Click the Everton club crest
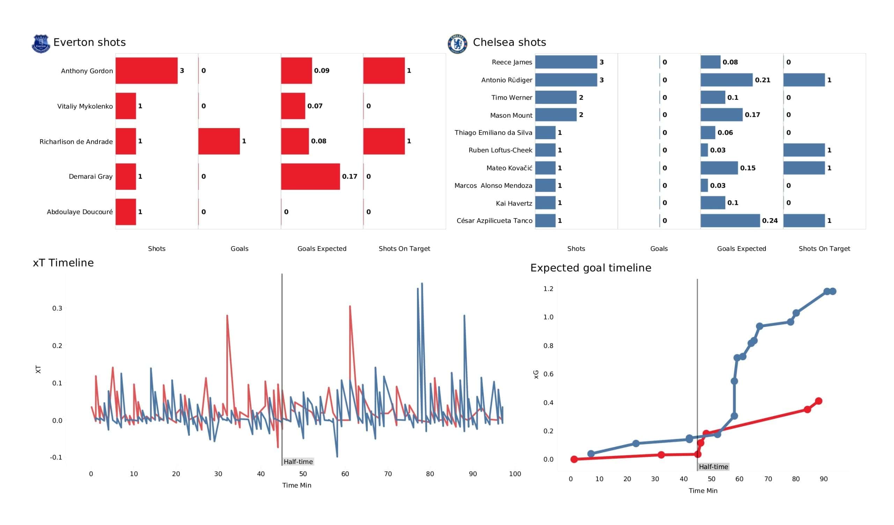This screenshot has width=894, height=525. coord(41,44)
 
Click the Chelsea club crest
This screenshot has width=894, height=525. coord(457,44)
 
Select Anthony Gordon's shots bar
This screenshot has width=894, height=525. coord(147,71)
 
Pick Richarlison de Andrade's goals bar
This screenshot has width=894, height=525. coord(219,141)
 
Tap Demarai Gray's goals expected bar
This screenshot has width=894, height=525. coord(310,176)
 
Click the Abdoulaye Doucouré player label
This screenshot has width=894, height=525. coord(80,212)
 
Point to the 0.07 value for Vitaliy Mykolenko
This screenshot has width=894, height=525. coord(315,106)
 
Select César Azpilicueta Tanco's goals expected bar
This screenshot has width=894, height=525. coord(730,221)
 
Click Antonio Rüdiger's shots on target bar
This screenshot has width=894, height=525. coord(804,80)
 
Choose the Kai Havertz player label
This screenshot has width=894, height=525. coord(514,203)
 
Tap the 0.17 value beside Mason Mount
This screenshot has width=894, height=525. coord(752,115)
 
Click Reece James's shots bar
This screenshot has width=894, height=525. coord(566,62)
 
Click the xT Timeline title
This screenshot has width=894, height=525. coord(63,263)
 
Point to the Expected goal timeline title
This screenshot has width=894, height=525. coord(591,268)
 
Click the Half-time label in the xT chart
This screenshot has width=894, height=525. coord(298,461)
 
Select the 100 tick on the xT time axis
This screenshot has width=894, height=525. coord(515,474)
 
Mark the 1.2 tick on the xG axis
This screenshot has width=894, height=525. coord(548,289)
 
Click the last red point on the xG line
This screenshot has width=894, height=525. coord(819,401)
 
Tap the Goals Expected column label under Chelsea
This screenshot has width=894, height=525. coord(741,249)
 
